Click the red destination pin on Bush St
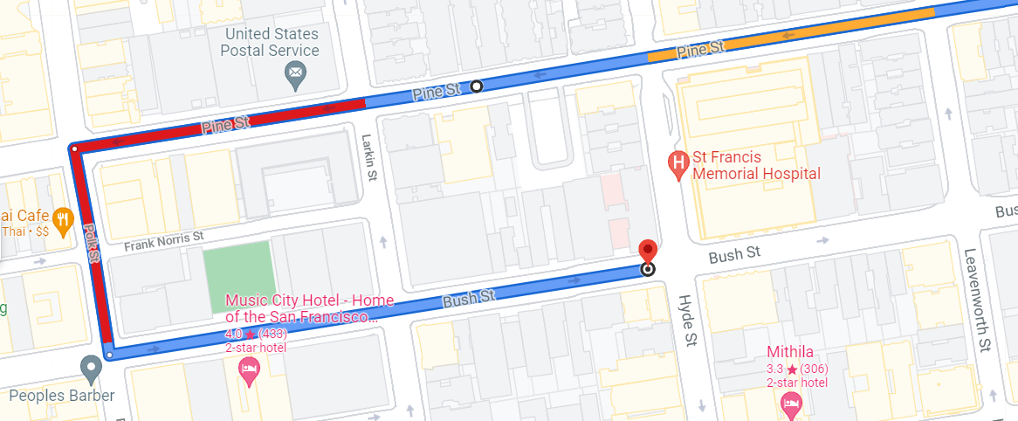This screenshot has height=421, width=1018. (647, 250)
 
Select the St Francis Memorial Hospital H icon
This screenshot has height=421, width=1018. (677, 162)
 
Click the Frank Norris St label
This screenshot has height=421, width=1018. (163, 238)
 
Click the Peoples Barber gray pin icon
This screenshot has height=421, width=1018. (91, 368)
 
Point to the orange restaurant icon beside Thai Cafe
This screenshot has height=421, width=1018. (62, 220)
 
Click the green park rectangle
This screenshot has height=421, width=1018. (239, 280)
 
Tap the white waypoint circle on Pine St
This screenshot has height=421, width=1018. (476, 86)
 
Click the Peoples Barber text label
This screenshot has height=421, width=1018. (62, 396)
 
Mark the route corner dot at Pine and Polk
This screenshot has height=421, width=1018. (74, 148)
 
